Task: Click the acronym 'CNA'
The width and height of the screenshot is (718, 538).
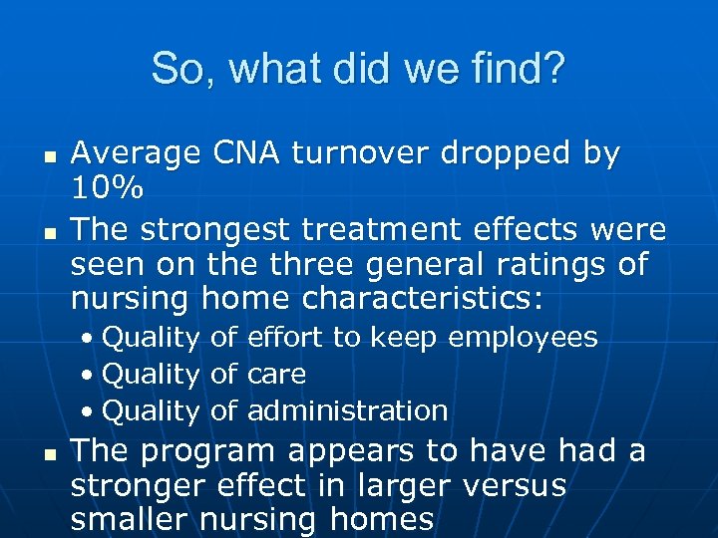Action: tap(245, 154)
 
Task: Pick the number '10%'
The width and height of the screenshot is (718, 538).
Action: tap(108, 187)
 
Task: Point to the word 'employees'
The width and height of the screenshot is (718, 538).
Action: tap(523, 338)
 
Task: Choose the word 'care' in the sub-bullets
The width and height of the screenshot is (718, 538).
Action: tap(276, 375)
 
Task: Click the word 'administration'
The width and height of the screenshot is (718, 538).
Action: tap(347, 410)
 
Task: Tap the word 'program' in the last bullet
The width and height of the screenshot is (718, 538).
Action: tap(208, 451)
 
